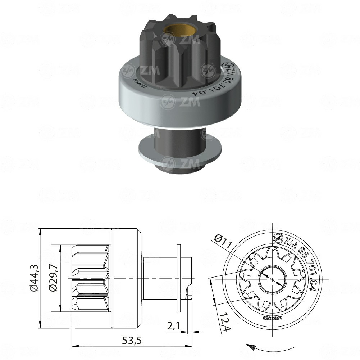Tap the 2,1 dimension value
point(174,326)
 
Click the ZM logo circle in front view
point(277,238)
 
